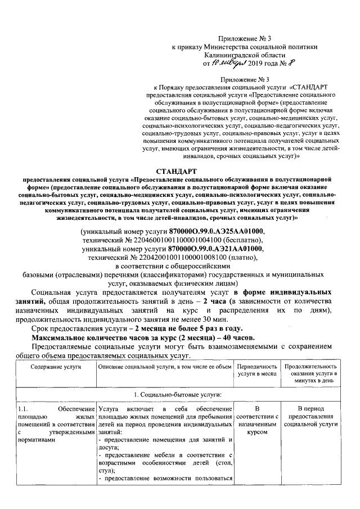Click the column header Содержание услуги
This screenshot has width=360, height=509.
(56, 367)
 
